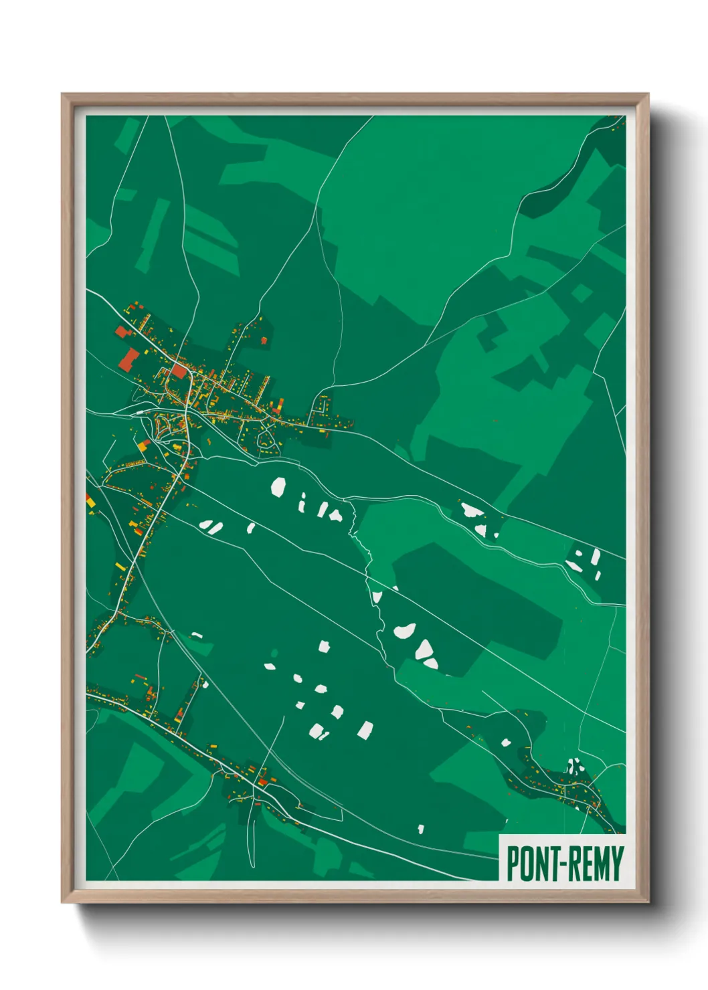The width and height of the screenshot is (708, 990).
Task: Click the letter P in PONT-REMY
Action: [x=513, y=864]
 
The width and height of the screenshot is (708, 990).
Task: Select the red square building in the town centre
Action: [x=179, y=370]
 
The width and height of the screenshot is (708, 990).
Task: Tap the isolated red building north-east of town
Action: [x=264, y=340]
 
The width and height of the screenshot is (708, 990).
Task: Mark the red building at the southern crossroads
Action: [x=262, y=781]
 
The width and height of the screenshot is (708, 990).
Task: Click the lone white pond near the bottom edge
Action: [x=421, y=829]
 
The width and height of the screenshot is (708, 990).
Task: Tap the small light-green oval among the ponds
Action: [x=274, y=653]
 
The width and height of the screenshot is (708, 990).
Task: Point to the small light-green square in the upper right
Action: [x=582, y=293]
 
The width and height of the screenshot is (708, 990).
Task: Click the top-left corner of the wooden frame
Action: [x=62, y=94]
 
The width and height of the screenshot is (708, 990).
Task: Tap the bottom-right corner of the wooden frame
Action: [x=648, y=902]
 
